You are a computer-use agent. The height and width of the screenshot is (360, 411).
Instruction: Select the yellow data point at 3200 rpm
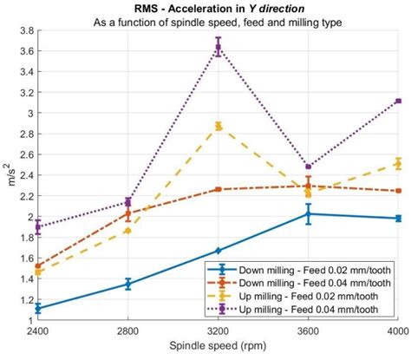pyautogui.click(x=218, y=126)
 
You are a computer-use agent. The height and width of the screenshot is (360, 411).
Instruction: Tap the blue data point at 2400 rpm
pyautogui.click(x=37, y=308)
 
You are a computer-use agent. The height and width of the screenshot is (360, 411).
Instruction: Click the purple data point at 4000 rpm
pyautogui.click(x=398, y=101)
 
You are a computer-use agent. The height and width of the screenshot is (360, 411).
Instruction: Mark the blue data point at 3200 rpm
pyautogui.click(x=218, y=251)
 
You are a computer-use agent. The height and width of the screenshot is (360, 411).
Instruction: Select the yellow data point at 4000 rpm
pyautogui.click(x=398, y=163)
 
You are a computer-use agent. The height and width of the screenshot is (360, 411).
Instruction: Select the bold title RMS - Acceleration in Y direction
pyautogui.click(x=218, y=9)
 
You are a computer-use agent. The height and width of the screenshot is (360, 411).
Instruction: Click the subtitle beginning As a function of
pyautogui.click(x=218, y=21)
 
